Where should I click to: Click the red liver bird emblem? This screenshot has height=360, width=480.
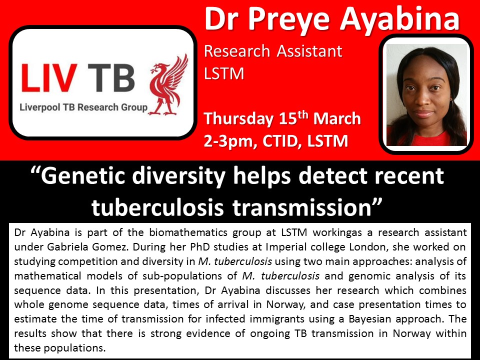[168, 85]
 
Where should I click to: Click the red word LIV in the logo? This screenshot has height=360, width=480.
[49, 78]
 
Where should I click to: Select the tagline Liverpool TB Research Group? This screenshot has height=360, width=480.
[83, 107]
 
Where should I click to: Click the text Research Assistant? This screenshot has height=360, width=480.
[273, 51]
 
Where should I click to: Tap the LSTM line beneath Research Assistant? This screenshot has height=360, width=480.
[224, 73]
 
